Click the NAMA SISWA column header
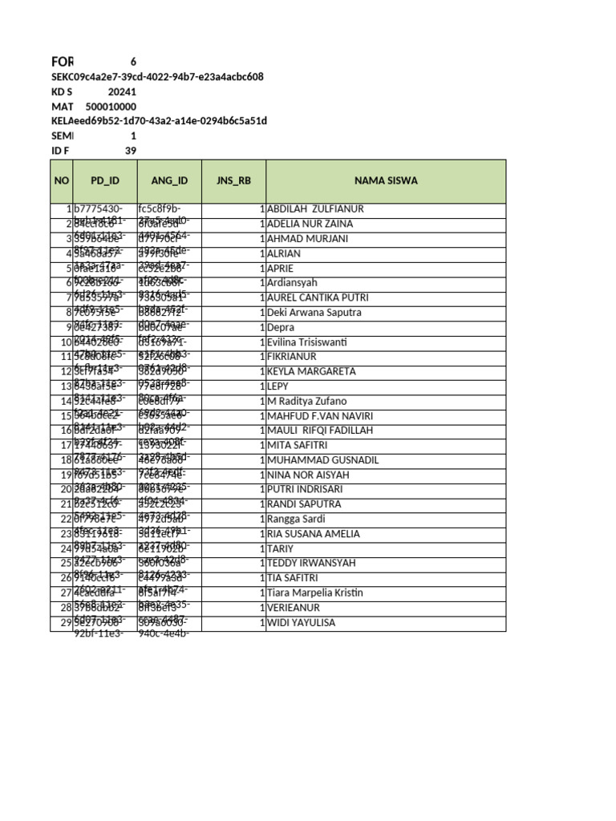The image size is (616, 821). point(386,180)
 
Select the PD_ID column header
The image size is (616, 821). point(104,180)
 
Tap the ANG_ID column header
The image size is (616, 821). point(169,180)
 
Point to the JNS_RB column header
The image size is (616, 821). point(233,180)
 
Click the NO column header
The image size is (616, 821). point(62,180)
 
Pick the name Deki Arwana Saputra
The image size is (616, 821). point(314,313)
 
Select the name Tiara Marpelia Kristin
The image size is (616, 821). point(314,593)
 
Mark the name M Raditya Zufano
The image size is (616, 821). point(307,401)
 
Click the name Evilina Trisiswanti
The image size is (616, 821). point(306,342)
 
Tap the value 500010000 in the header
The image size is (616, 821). point(111,107)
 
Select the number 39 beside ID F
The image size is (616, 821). point(131,151)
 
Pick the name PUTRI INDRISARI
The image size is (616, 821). point(304,490)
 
